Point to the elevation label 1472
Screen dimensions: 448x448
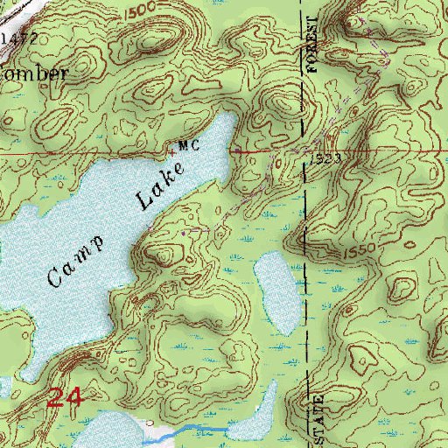18,39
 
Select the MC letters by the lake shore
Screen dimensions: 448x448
188,145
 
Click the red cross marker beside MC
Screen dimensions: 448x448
171,151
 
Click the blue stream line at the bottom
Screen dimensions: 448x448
197,430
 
